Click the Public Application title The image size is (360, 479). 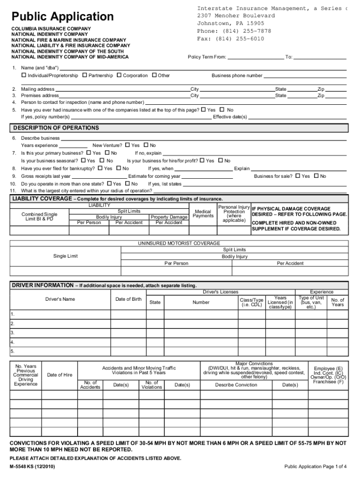tap(63, 17)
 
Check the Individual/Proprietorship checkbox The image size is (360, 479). tap(24, 75)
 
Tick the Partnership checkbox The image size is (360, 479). tap(85, 75)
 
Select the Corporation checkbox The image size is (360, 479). tap(119, 75)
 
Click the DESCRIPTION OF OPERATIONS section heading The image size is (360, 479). tap(56, 128)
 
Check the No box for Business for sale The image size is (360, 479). tap(317, 176)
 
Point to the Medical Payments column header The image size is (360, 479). tap(203, 213)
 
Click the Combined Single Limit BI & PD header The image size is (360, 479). tap(40, 217)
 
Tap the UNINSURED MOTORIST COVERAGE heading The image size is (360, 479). tap(179, 243)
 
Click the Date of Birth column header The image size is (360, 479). tap(128, 299)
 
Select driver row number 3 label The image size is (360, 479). tap(13, 333)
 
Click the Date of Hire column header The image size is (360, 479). tap(60, 375)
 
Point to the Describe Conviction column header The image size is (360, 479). tap(236, 385)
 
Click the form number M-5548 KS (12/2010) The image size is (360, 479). tap(33, 467)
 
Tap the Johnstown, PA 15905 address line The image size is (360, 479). tap(230, 23)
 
